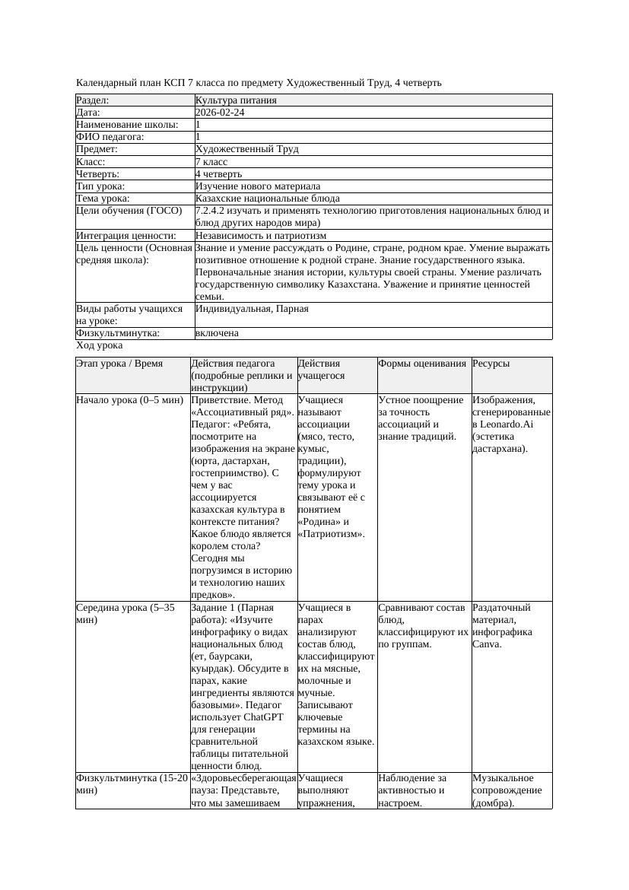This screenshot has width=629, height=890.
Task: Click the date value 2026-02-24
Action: (x=220, y=113)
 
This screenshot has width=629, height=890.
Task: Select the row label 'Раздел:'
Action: (x=93, y=100)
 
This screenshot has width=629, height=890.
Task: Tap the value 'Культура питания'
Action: (x=236, y=100)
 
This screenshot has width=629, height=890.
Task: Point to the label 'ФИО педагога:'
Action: (x=110, y=137)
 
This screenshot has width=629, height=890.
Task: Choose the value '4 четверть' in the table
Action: (x=219, y=174)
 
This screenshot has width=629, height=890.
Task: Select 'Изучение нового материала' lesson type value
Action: (x=257, y=186)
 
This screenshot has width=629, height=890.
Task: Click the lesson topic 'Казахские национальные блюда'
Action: (x=267, y=199)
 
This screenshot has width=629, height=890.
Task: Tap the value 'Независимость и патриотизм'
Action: (x=260, y=236)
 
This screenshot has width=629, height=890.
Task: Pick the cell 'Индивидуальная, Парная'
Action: (x=252, y=309)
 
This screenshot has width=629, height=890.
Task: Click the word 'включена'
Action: (x=217, y=333)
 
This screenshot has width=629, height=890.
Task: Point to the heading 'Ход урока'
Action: (x=99, y=345)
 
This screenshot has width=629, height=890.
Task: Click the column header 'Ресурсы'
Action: (x=491, y=364)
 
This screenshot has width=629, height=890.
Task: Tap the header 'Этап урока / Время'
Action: (x=119, y=364)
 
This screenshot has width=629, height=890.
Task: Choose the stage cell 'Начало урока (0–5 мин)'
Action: (x=130, y=400)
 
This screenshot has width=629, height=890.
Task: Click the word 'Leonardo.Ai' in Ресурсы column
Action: (x=498, y=424)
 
